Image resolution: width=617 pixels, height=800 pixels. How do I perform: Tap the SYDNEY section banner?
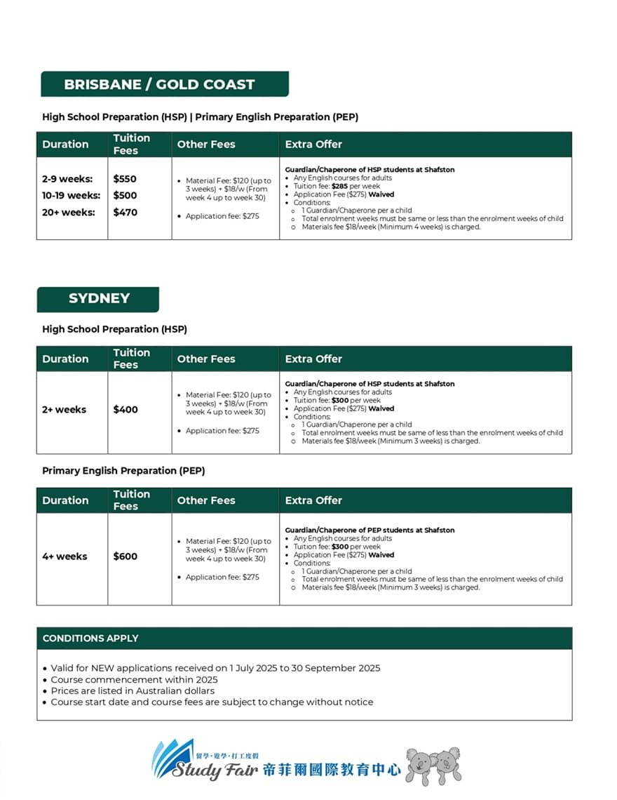pyautogui.click(x=99, y=298)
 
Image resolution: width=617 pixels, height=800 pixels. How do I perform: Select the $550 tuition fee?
pyautogui.click(x=125, y=179)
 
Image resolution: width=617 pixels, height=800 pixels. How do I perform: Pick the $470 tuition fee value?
pyautogui.click(x=125, y=212)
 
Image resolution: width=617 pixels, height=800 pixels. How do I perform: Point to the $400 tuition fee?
pyautogui.click(x=125, y=410)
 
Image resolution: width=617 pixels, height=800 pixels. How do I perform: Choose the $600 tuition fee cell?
pyautogui.click(x=125, y=556)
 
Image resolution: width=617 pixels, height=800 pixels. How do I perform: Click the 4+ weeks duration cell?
pyautogui.click(x=65, y=556)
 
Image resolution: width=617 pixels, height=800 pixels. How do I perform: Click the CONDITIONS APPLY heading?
pyautogui.click(x=90, y=639)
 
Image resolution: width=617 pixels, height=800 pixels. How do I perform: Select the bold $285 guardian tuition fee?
pyautogui.click(x=340, y=187)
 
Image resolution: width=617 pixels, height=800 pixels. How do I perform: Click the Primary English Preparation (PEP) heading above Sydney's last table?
pyautogui.click(x=123, y=471)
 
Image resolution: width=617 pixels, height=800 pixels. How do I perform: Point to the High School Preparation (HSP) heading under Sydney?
pyautogui.click(x=114, y=329)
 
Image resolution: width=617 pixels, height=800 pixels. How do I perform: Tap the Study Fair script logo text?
pyautogui.click(x=217, y=770)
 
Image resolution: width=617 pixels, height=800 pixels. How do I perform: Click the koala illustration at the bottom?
pyautogui.click(x=434, y=765)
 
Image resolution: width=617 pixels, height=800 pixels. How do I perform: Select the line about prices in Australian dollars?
pyautogui.click(x=133, y=691)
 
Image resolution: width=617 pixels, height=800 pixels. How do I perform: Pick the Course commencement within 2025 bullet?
pyautogui.click(x=134, y=679)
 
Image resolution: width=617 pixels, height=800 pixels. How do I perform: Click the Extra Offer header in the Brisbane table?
pyautogui.click(x=313, y=145)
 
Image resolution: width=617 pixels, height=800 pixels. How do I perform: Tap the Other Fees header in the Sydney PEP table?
pyautogui.click(x=206, y=500)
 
